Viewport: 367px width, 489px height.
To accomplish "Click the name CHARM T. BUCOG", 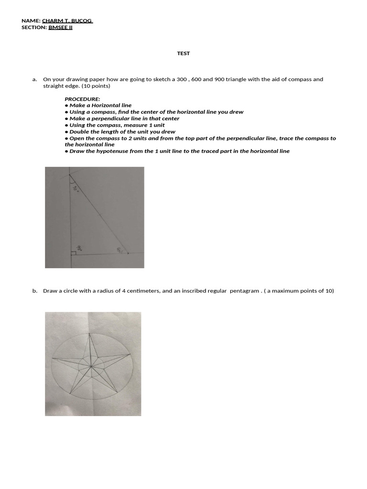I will click(x=67, y=21).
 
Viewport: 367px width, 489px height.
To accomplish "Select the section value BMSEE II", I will click(x=61, y=27).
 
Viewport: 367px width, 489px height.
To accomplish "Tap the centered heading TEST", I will click(x=183, y=53).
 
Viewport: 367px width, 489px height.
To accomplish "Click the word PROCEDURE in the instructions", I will click(x=82, y=99).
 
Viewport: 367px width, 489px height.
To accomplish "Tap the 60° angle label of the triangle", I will click(x=120, y=249).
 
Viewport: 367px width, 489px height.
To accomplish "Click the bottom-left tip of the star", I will click(x=69, y=394).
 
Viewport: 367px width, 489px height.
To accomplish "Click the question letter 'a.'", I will click(x=35, y=79).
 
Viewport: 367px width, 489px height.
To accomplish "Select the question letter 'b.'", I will click(x=35, y=290).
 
